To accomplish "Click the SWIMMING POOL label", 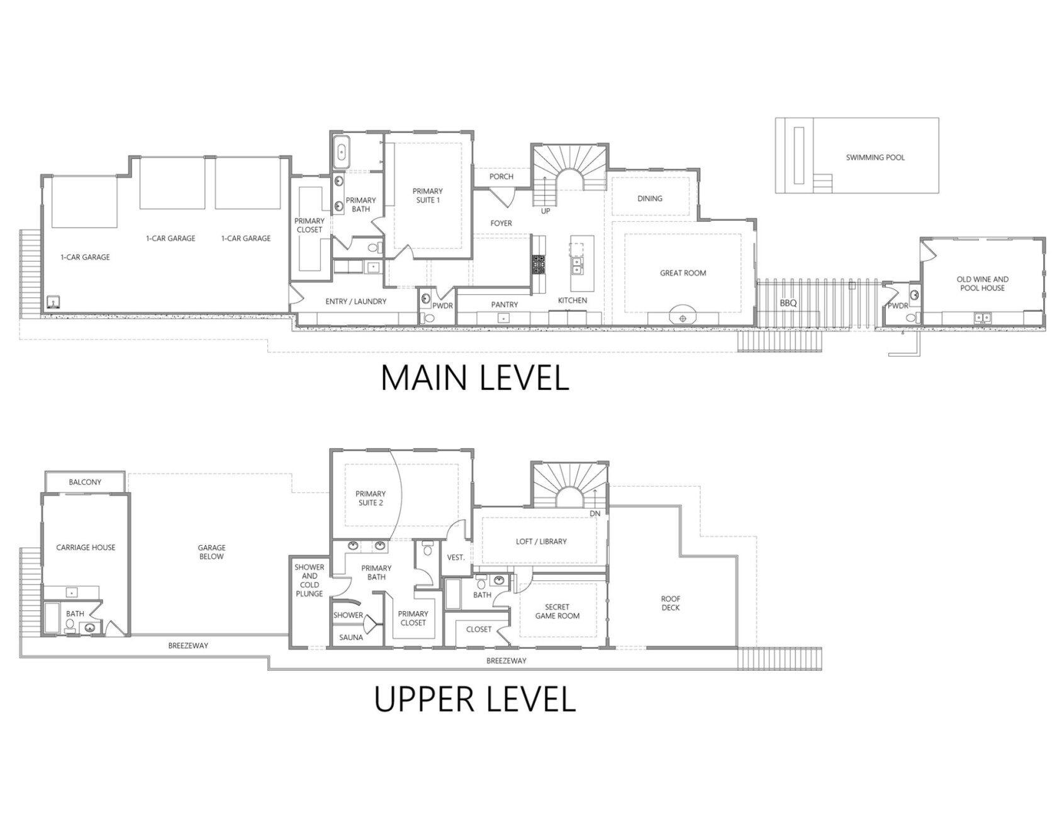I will (875, 157).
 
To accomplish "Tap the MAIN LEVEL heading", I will (475, 377).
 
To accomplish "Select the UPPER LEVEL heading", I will (475, 699).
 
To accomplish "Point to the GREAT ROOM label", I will (683, 273).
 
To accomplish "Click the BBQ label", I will (788, 303).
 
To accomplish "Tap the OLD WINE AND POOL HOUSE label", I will (982, 284).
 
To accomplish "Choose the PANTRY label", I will (504, 304).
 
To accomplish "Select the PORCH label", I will (501, 176).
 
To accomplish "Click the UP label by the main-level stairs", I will (545, 211).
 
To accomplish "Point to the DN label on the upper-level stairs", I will (595, 514).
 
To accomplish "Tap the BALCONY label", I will (85, 482).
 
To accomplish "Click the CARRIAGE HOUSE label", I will (86, 547).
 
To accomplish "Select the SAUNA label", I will (351, 637).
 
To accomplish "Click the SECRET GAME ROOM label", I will (557, 611).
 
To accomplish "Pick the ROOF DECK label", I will (670, 603).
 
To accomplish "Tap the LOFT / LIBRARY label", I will (541, 541).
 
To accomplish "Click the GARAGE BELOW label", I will (211, 552).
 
